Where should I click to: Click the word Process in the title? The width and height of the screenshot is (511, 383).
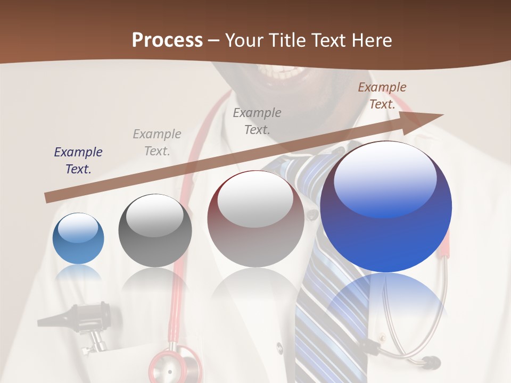(x=167, y=40)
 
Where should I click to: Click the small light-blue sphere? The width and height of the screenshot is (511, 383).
(x=78, y=239)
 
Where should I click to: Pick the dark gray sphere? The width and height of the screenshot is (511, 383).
(x=155, y=230)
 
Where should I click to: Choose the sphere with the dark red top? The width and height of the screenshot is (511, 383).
(x=256, y=219)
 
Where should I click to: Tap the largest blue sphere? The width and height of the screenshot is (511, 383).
(x=386, y=207)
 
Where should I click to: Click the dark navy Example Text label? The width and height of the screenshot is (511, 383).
(x=78, y=161)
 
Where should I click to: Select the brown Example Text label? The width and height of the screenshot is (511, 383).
(x=382, y=96)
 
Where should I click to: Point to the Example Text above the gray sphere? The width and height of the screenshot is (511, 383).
(x=156, y=143)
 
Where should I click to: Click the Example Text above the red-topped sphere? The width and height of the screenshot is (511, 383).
(x=257, y=121)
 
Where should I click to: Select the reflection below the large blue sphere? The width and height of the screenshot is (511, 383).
(x=386, y=303)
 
